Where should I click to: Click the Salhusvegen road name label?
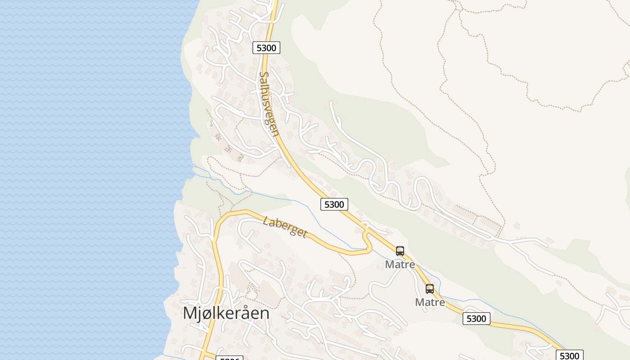coord(269,103)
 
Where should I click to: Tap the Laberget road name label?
coord(285,227)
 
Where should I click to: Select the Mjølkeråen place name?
coord(226,313)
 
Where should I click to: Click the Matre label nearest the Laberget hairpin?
coord(400,265)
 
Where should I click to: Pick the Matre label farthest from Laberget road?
coord(430,302)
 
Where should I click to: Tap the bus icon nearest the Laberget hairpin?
coord(400,251)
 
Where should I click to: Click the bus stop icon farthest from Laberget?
coord(430,289)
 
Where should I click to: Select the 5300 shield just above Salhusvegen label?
coord(266,48)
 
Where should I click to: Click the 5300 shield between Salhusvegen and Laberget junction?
coord(334,204)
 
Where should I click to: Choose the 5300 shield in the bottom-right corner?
coord(569,355)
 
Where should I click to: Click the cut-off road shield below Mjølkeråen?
coord(229,358)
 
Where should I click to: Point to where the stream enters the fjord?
coord(193,166)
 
